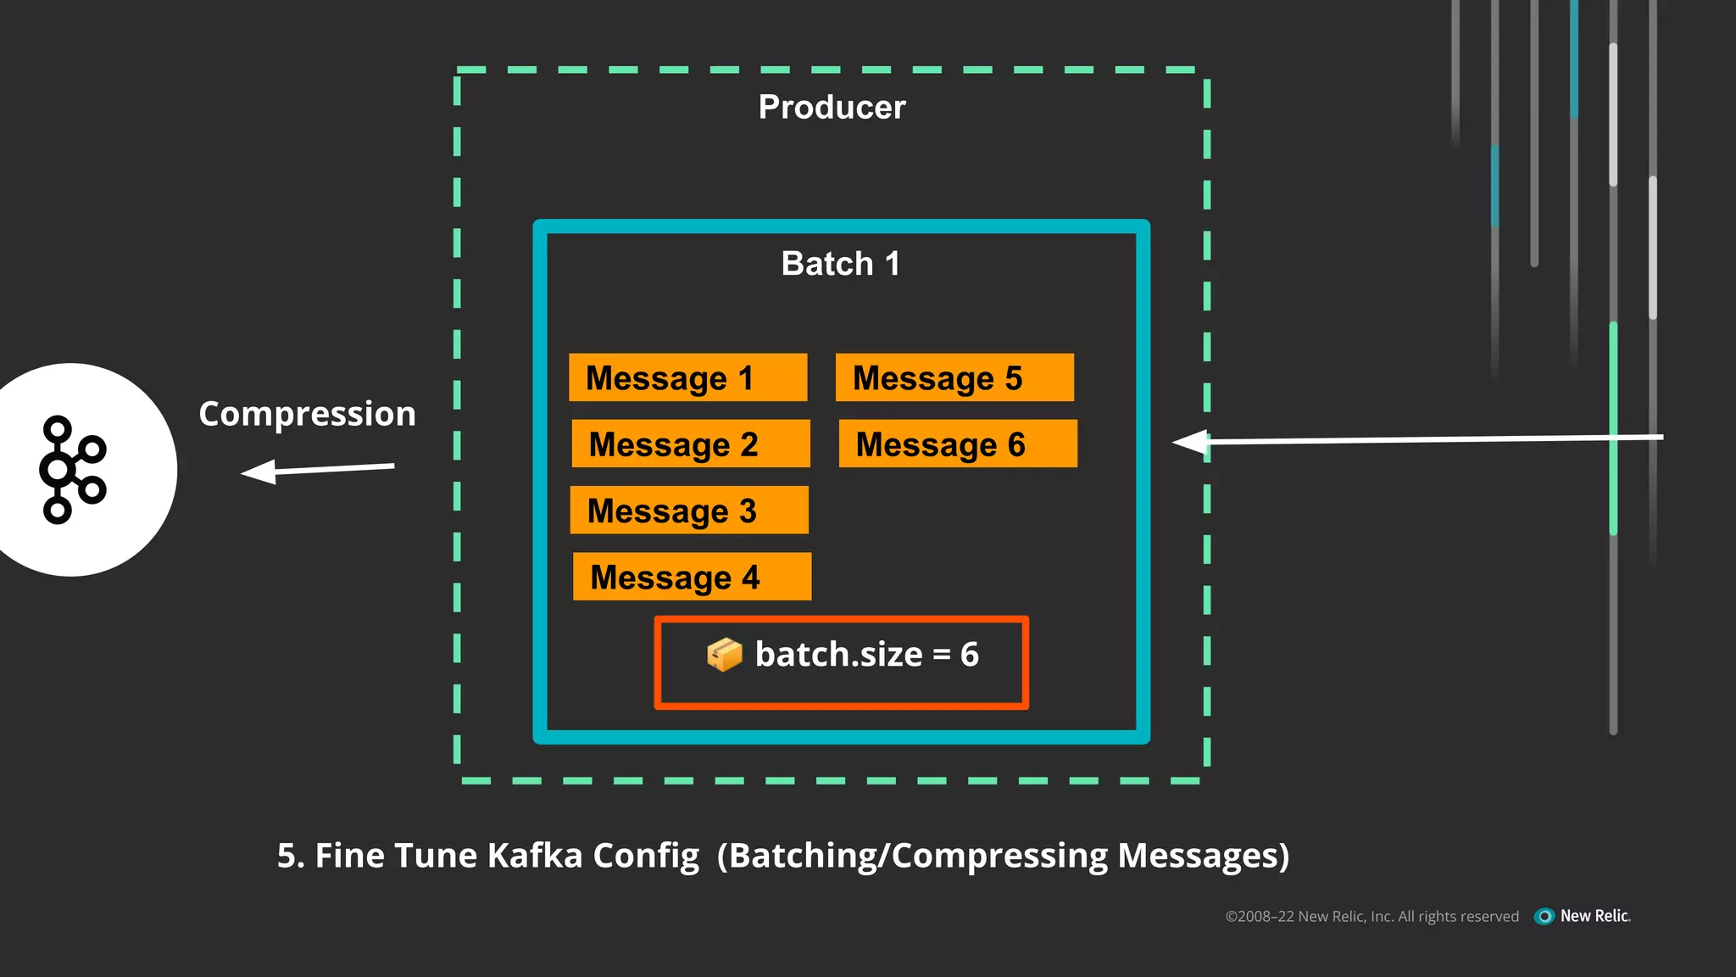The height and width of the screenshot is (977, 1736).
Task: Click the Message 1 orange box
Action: point(687,377)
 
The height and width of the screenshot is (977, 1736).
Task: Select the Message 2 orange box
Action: point(690,444)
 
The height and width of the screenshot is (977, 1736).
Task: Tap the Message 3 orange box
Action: point(688,510)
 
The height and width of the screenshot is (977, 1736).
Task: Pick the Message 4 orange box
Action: point(692,577)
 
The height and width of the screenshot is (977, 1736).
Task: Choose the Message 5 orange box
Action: point(954,377)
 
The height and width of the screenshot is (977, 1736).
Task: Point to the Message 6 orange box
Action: point(958,444)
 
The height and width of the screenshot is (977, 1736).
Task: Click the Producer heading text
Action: point(832,108)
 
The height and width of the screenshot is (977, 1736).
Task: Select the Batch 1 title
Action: point(840,264)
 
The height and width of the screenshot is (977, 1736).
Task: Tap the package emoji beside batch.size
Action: point(724,655)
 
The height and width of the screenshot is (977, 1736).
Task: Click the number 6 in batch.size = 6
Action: point(969,655)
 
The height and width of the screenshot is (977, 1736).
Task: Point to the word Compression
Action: point(307,414)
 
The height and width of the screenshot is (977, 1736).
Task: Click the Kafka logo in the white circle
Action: point(71,469)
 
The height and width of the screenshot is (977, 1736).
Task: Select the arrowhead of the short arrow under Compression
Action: point(258,472)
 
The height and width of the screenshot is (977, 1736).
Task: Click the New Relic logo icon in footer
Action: point(1544,916)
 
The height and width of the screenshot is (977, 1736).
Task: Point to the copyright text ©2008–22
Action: point(1259,917)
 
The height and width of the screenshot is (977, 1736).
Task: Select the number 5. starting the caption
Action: point(290,856)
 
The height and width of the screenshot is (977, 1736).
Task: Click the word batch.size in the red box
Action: point(837,655)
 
